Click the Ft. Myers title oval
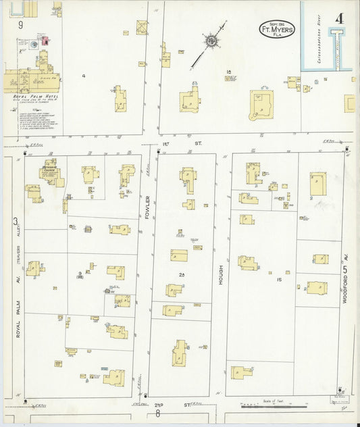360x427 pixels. (x=277, y=29)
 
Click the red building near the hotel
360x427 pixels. (x=45, y=40)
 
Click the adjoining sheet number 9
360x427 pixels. (x=21, y=25)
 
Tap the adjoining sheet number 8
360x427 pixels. (x=158, y=413)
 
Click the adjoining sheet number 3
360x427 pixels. (x=14, y=222)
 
